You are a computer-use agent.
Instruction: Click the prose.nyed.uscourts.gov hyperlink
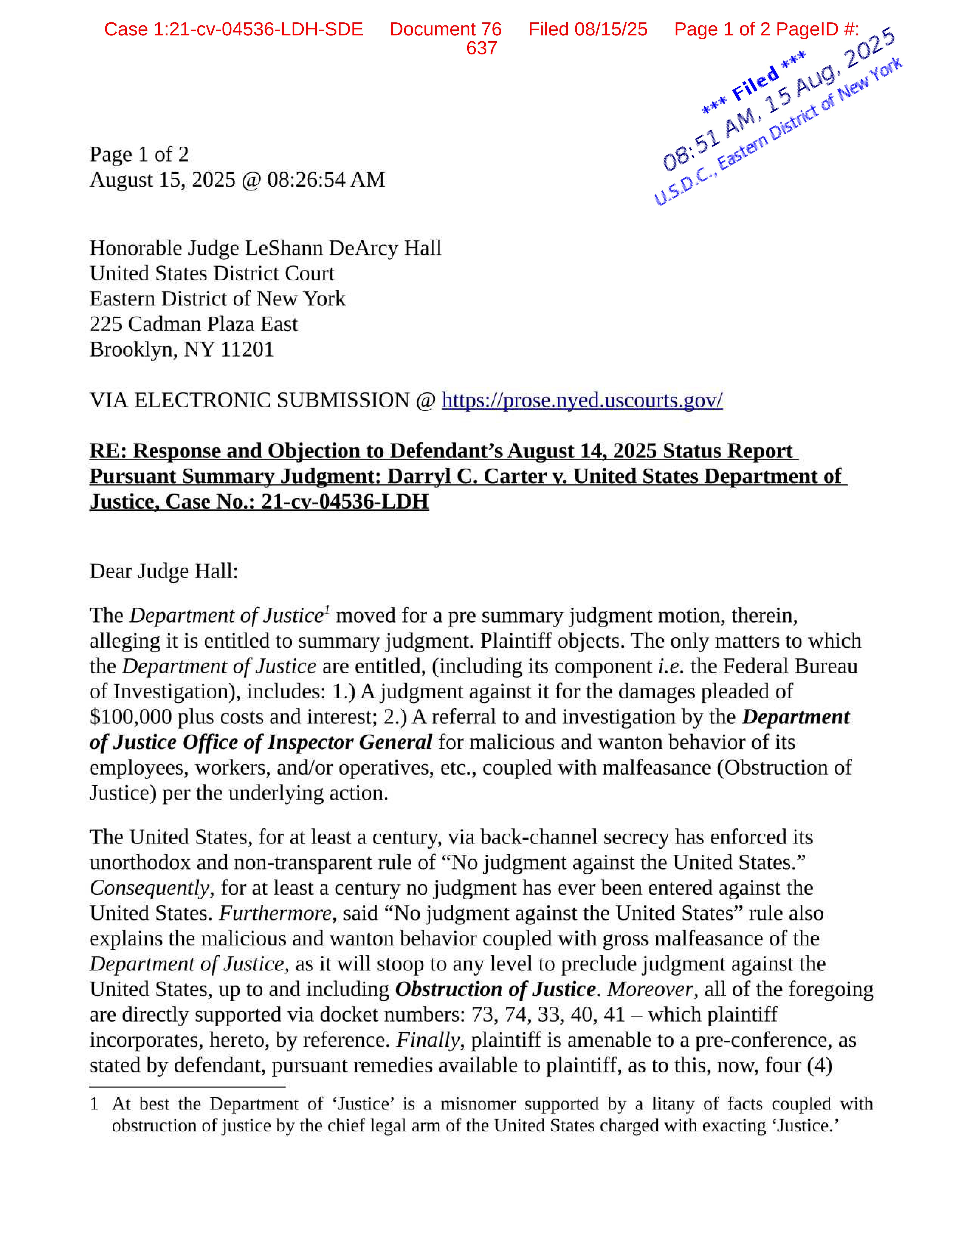tap(582, 400)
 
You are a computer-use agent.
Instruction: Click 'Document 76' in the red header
tap(445, 29)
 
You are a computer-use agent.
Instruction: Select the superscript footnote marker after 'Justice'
tap(327, 610)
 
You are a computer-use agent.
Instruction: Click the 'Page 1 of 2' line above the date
tap(139, 154)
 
